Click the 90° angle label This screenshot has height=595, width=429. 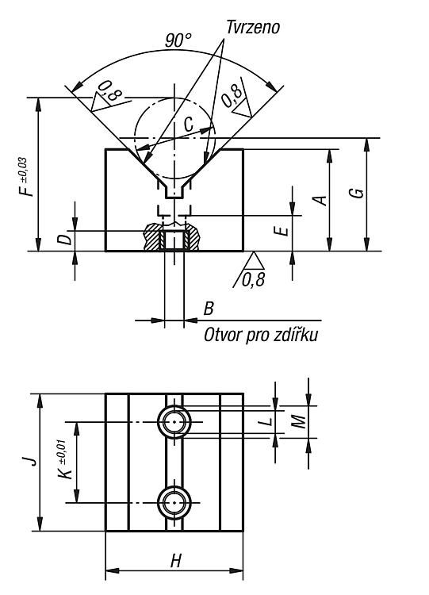point(178,40)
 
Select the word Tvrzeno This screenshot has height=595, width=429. point(253,27)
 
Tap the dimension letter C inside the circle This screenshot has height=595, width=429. point(189,124)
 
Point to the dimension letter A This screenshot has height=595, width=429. point(321,201)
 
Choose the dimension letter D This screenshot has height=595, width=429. point(66,240)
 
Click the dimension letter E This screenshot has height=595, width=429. point(283,231)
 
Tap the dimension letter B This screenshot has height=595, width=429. point(209,309)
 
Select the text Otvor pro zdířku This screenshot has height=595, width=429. point(261,335)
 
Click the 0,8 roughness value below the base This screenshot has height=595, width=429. point(253,280)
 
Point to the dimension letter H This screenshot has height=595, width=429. point(175,560)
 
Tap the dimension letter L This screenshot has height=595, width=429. point(268,421)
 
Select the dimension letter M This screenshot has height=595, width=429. point(299,420)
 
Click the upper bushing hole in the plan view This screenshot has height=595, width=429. point(174,422)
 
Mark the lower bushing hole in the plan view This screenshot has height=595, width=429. point(174,503)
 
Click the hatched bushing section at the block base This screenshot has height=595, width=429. point(171,236)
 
